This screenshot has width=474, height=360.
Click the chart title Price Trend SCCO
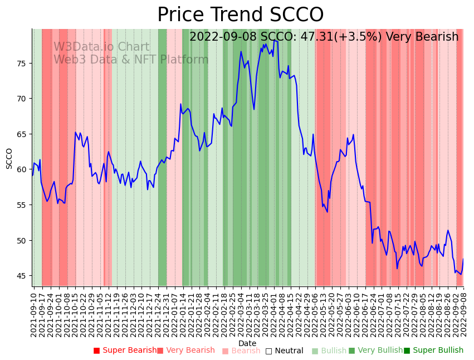point(240,15)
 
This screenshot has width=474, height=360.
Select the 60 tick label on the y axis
point(21,169)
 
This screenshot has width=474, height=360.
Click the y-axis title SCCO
point(9,158)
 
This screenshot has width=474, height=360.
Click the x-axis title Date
point(247,343)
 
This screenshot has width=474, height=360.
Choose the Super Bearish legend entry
point(125,351)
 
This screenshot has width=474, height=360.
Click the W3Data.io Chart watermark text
point(101,47)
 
